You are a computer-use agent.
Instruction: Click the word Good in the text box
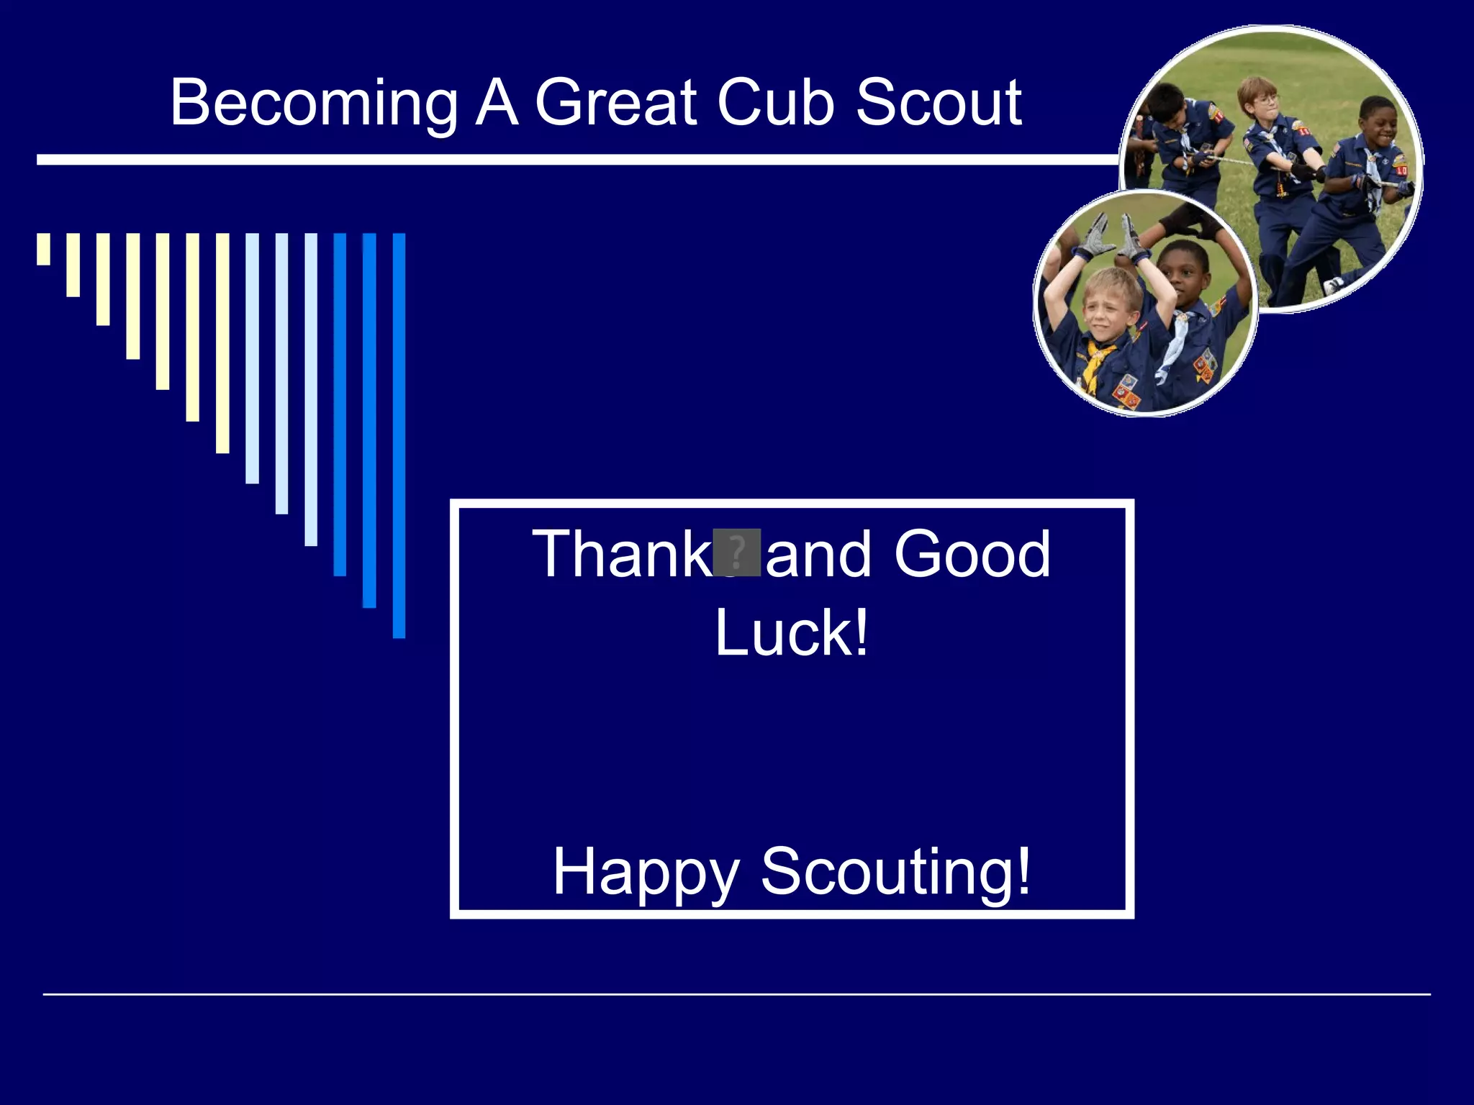[972, 554]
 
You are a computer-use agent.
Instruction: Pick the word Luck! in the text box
[792, 633]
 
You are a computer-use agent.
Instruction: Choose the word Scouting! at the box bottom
[895, 872]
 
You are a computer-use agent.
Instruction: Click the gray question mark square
[736, 552]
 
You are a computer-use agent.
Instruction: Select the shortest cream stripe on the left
[44, 249]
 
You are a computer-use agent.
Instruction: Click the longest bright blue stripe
[399, 435]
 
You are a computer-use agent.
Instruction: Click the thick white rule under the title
[576, 160]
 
